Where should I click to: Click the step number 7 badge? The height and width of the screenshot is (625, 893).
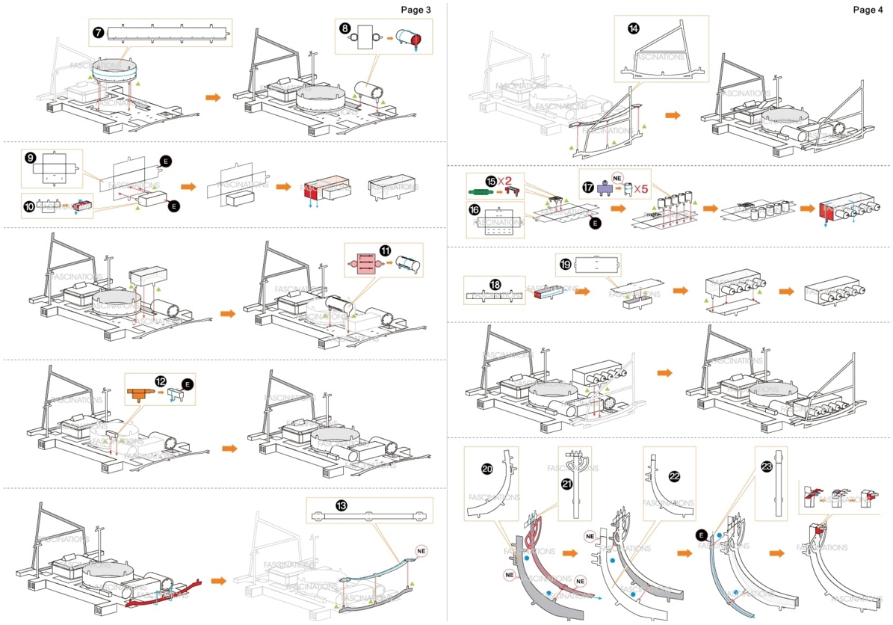click(x=99, y=34)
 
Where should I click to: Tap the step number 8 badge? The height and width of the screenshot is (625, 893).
click(x=344, y=28)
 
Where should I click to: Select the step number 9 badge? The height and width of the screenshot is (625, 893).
click(x=30, y=158)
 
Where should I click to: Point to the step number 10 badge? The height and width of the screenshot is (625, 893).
click(x=30, y=206)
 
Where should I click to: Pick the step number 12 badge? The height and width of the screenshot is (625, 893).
click(x=161, y=381)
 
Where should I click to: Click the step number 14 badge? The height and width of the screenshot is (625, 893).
click(x=634, y=28)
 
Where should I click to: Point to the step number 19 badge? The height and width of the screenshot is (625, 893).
click(x=566, y=264)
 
